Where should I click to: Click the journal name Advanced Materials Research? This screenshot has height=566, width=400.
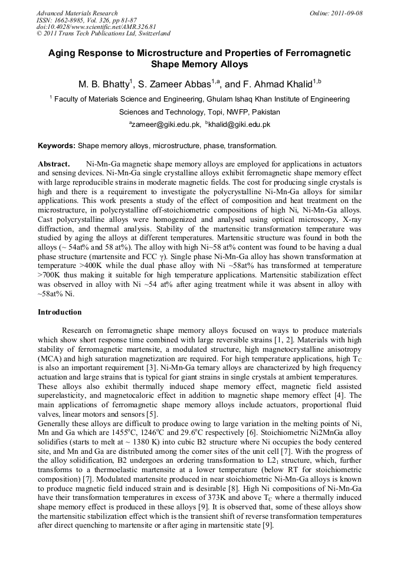(x=77, y=13)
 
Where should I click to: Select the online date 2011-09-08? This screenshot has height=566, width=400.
(x=346, y=13)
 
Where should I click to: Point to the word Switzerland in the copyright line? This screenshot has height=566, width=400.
(x=152, y=34)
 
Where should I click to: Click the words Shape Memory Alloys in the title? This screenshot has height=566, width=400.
(x=199, y=64)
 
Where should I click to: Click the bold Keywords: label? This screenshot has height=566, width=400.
(x=57, y=145)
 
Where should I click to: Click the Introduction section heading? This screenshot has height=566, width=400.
(x=60, y=312)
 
